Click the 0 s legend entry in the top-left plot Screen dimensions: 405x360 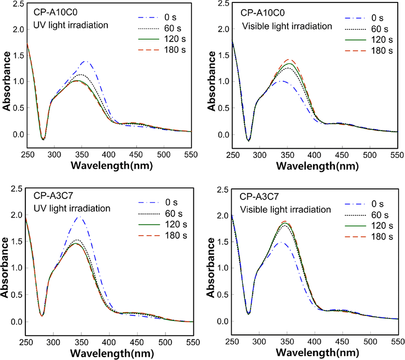[x=157, y=17]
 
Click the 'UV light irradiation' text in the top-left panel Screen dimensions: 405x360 [x=71, y=25]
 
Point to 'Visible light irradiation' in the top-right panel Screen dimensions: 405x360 [x=287, y=26]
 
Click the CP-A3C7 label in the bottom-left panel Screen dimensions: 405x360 [x=53, y=196]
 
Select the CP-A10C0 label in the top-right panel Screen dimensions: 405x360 [x=262, y=13]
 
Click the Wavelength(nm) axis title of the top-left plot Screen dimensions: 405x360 [x=112, y=165]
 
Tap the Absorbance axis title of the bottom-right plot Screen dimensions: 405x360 [x=211, y=268]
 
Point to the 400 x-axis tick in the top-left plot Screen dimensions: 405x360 [x=109, y=155]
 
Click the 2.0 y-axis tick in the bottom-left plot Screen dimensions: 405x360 [x=17, y=215]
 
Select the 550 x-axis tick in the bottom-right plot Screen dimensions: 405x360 [x=398, y=342]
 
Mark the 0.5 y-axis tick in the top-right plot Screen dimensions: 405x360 [x=224, y=108]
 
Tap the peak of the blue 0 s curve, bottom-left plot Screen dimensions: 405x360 [x=80, y=217]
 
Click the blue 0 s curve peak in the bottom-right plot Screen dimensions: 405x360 [x=281, y=242]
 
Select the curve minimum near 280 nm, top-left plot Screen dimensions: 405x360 [x=43, y=139]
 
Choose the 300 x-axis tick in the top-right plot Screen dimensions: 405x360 [x=260, y=155]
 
